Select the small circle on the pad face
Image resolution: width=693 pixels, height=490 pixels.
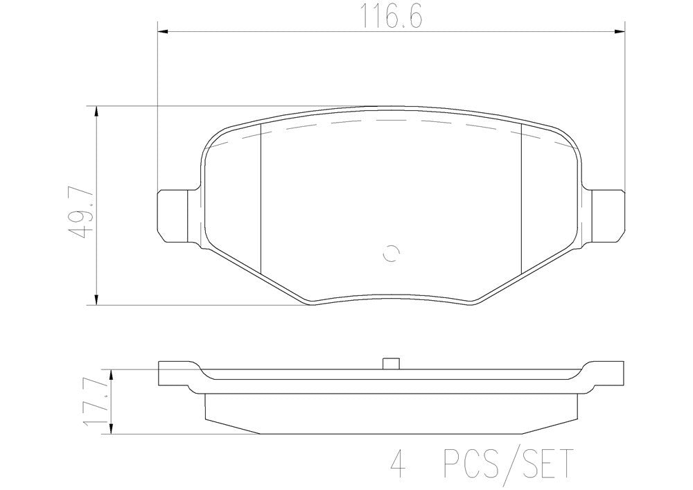pos(390,254)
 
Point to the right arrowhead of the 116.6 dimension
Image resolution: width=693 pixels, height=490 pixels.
pos(621,30)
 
